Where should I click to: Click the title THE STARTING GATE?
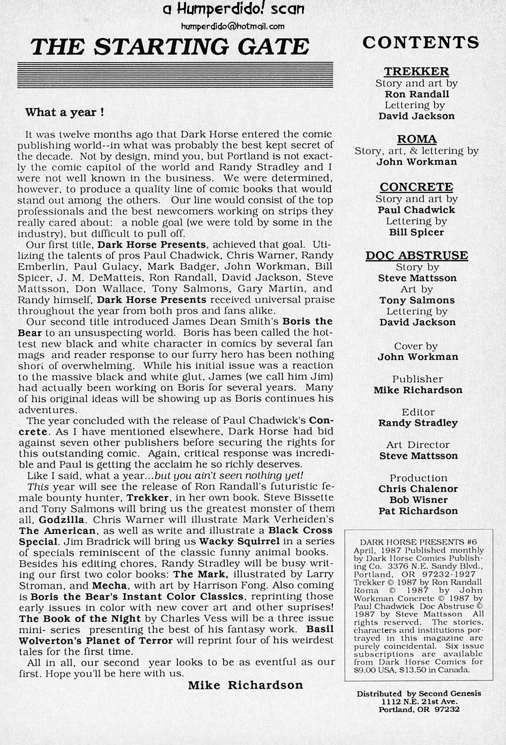tap(170, 47)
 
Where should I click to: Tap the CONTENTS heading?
tap(421, 43)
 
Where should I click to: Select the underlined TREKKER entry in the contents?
tap(416, 71)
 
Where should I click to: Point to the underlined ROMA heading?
tap(417, 139)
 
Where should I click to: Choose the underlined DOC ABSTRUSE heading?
tap(417, 256)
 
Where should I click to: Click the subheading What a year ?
tap(64, 113)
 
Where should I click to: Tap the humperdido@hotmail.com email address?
tap(233, 26)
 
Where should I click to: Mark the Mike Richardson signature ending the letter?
tap(245, 686)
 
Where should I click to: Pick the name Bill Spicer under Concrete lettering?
tap(416, 232)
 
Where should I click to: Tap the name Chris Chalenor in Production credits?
tap(418, 489)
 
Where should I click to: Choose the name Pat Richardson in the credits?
tap(418, 511)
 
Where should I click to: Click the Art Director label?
tap(418, 445)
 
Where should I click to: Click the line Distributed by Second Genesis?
tap(418, 694)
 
